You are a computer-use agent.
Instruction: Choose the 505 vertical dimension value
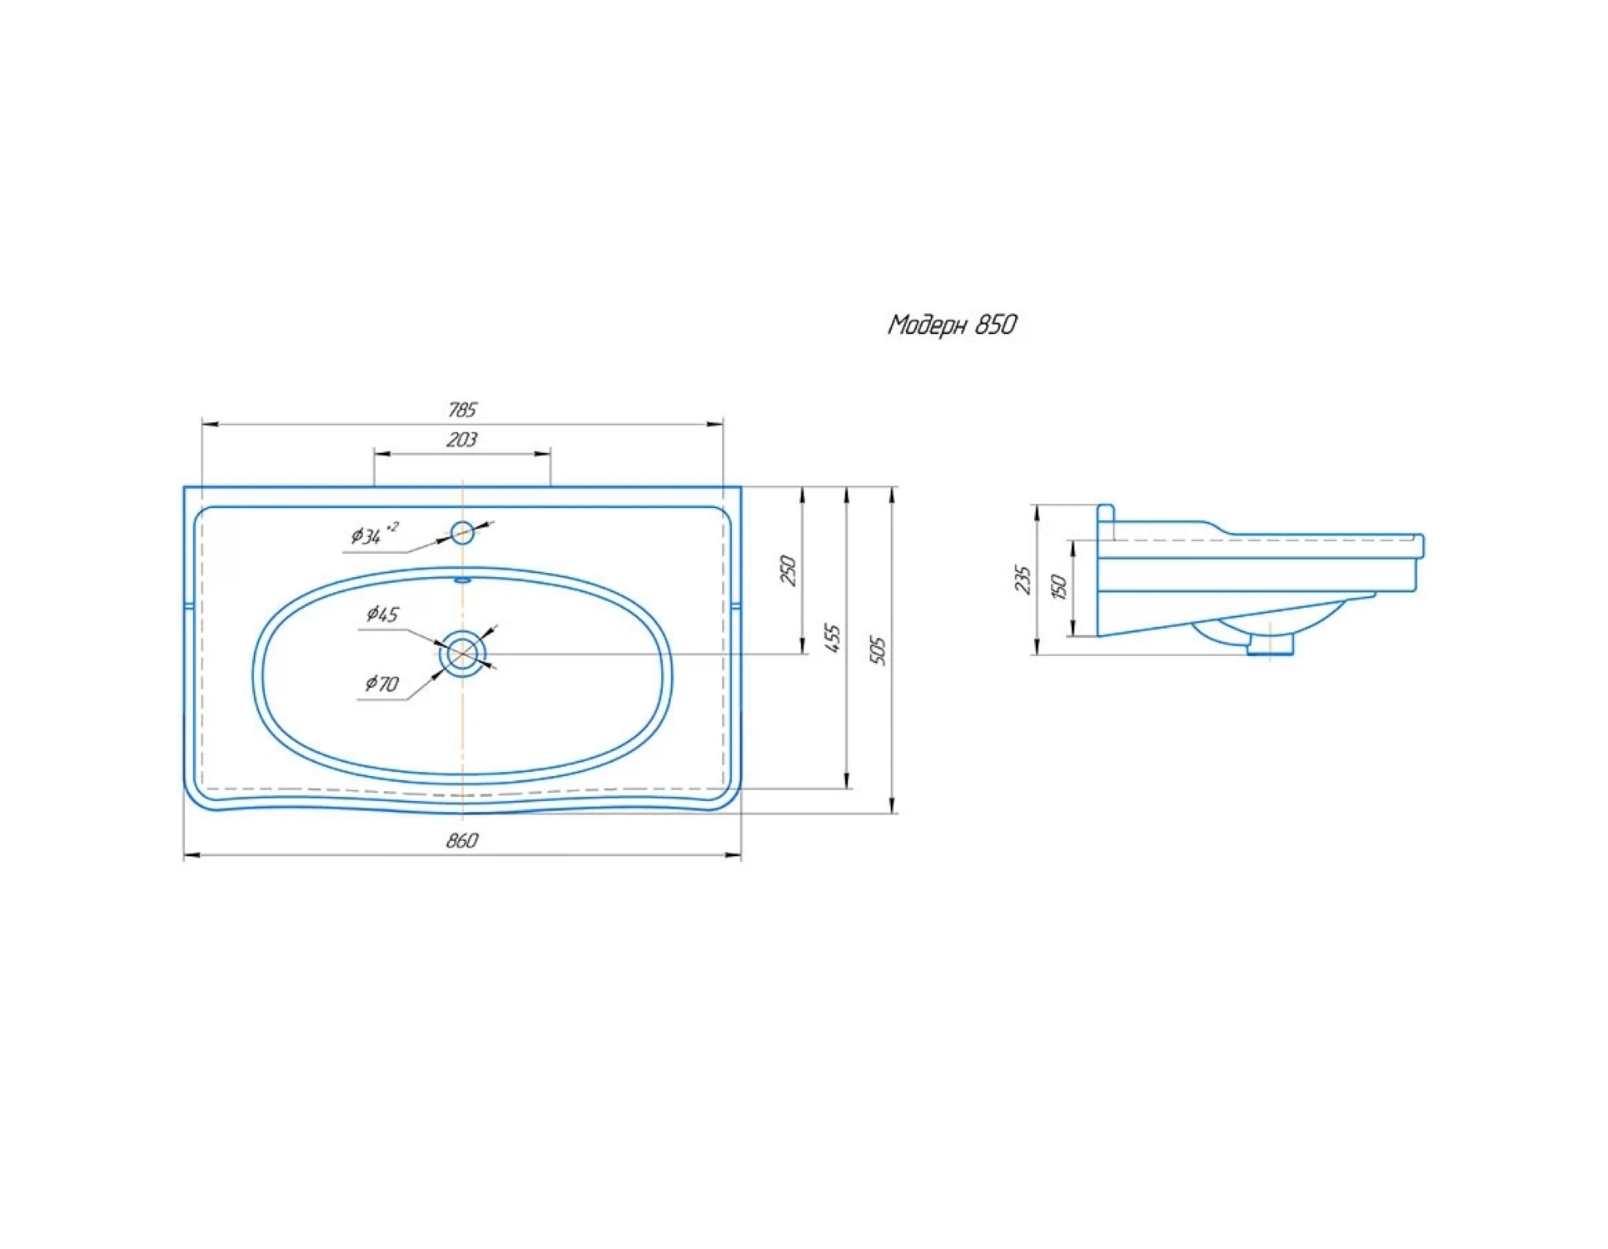tap(879, 651)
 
